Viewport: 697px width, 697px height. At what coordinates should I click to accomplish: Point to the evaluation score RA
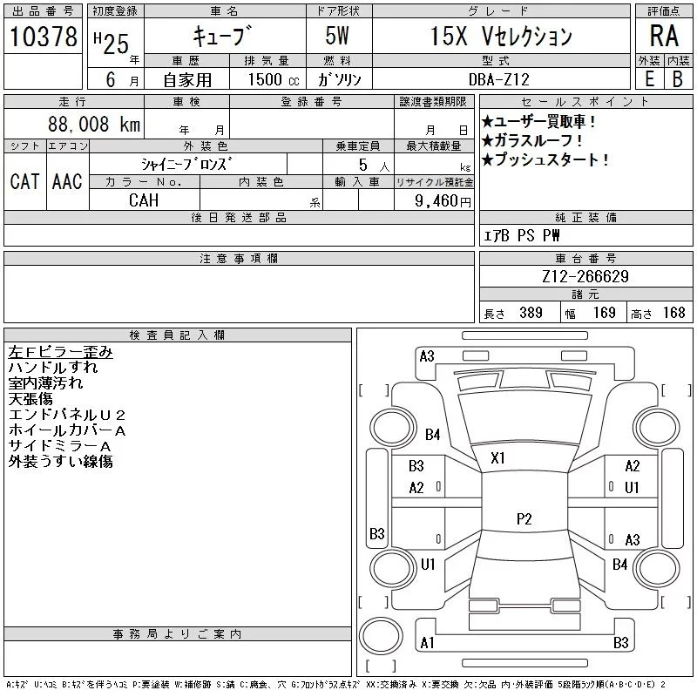click(664, 37)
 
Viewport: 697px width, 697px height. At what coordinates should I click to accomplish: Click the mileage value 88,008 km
click(95, 125)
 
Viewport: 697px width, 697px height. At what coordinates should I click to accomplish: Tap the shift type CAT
click(24, 181)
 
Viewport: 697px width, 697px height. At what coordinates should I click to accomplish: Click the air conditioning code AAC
click(67, 181)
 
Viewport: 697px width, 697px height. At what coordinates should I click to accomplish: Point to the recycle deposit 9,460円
click(444, 201)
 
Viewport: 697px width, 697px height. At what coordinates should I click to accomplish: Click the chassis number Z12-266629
click(585, 277)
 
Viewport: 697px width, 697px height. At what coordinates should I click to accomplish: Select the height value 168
click(673, 313)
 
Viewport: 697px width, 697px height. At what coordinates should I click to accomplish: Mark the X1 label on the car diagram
click(498, 457)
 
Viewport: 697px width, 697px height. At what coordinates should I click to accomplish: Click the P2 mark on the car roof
click(524, 518)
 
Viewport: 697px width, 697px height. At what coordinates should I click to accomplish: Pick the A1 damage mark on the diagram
click(427, 643)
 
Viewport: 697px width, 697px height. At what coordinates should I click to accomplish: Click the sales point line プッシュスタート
click(545, 159)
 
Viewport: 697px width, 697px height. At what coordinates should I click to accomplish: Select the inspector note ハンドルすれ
click(52, 368)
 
